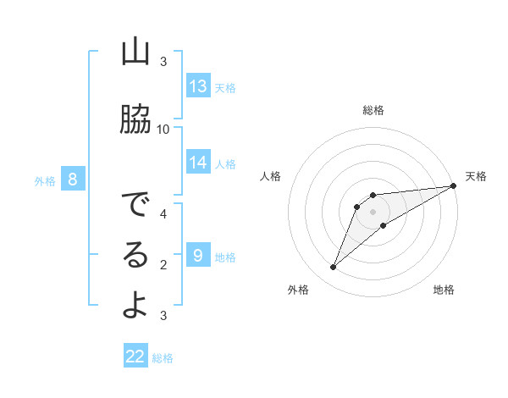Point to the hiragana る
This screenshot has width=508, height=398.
click(x=135, y=255)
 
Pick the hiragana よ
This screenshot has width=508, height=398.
click(x=135, y=306)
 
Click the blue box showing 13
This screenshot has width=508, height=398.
click(x=198, y=86)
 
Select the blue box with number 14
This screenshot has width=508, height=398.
click(x=198, y=163)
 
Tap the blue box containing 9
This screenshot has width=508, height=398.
click(x=198, y=256)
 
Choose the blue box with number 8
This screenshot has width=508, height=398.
click(x=73, y=180)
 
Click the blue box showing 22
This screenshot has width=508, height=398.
click(x=135, y=357)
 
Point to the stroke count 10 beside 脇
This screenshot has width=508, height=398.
click(x=163, y=129)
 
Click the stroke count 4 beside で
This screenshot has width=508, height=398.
click(x=163, y=213)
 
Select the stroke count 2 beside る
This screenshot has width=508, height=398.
click(x=163, y=264)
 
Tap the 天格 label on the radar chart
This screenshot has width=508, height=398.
click(x=476, y=176)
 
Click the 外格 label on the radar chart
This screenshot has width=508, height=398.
click(x=298, y=290)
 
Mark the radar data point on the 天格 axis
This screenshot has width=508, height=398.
click(x=453, y=185)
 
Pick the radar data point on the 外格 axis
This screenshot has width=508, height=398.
click(x=333, y=268)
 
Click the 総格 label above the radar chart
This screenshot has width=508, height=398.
click(x=373, y=110)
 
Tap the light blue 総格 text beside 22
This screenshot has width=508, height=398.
click(x=163, y=358)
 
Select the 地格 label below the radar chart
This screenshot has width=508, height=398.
click(x=444, y=290)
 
